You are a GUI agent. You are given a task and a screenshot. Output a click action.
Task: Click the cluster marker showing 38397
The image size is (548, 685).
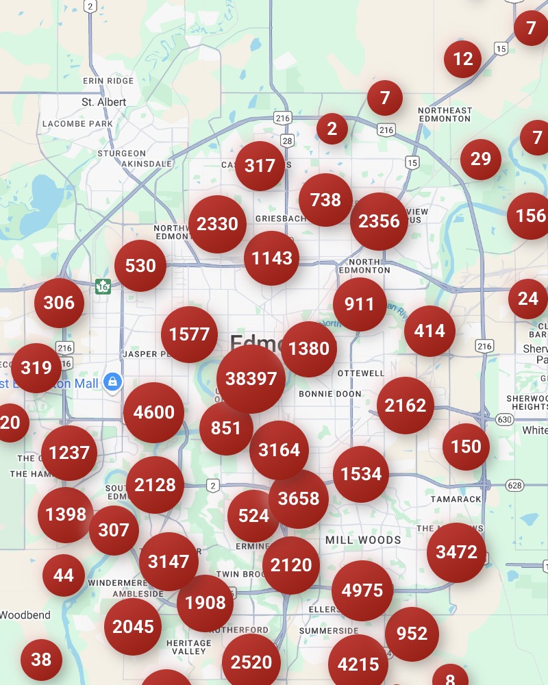pos(251,379)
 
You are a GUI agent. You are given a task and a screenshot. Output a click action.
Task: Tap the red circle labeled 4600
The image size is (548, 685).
pos(153,412)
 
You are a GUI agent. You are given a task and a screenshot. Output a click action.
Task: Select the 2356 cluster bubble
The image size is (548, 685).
pos(379,221)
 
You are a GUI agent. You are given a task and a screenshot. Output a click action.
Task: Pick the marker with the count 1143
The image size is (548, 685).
pos(272,258)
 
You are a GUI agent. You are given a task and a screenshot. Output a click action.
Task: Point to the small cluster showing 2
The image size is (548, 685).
pos(332,129)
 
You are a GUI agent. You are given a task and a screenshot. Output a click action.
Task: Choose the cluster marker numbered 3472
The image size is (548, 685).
pos(456,552)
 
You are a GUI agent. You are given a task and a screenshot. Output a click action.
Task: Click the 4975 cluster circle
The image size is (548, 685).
pos(362,590)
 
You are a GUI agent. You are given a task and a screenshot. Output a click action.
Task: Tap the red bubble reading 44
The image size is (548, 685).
pos(64,575)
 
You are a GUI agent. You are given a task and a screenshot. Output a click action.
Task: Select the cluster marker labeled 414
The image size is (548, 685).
pos(429,332)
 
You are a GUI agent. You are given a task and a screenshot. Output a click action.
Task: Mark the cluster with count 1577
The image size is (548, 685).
pos(189,334)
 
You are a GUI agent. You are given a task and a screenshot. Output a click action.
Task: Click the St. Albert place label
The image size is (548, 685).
pos(103,102)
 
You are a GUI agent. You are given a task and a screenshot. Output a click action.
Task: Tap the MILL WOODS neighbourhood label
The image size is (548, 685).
pos(363,540)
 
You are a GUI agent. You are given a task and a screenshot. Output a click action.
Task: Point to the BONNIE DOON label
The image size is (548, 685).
pos(330,394)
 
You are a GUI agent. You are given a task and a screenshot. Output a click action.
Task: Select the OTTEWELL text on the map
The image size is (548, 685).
pos(361,373)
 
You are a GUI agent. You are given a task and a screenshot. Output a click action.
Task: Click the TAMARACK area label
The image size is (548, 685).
pos(456,499)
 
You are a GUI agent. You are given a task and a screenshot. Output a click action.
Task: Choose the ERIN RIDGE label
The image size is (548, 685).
pos(108,81)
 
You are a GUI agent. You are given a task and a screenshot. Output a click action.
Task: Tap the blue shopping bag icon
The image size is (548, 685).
pos(112,382)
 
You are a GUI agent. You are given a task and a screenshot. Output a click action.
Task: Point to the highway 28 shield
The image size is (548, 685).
pos(287,140)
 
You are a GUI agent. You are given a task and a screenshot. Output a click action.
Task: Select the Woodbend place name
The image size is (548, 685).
pos(25,615)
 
